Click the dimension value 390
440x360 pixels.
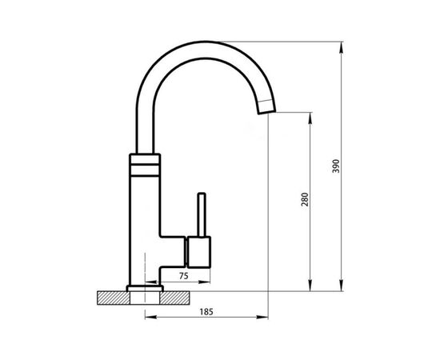(x=336, y=166)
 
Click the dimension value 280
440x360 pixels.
(x=305, y=199)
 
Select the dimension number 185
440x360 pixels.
(x=206, y=312)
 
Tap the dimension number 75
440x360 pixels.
(x=183, y=276)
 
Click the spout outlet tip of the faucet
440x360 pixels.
(x=267, y=112)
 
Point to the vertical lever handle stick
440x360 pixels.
(x=202, y=214)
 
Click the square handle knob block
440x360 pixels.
(x=199, y=252)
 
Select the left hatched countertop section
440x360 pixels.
(x=114, y=298)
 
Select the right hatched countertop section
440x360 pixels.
(x=174, y=298)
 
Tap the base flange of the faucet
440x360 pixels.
(x=145, y=289)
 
